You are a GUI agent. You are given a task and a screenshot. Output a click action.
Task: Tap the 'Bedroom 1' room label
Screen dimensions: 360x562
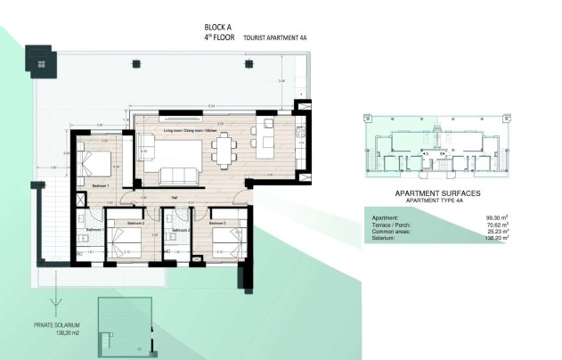click(x=101, y=185)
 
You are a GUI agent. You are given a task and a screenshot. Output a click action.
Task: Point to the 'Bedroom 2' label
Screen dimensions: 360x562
click(x=135, y=223)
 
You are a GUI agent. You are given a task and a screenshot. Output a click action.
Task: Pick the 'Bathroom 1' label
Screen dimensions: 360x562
click(x=95, y=230)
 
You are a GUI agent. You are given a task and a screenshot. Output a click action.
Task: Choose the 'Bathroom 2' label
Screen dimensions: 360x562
click(x=182, y=230)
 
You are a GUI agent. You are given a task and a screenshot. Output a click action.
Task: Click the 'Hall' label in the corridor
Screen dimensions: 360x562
click(x=175, y=199)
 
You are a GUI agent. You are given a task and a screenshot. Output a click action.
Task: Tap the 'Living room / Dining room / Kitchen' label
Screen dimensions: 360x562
click(x=191, y=131)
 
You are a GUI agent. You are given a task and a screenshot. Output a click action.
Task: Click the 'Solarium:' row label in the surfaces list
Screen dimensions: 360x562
click(x=379, y=239)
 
